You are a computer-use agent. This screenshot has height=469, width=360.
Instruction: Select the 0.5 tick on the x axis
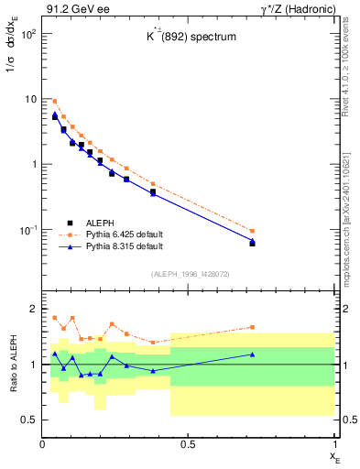(188, 445)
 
